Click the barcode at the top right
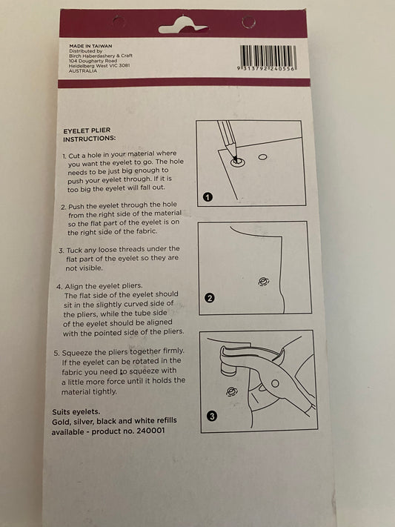[268, 58]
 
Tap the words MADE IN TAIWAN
[90, 46]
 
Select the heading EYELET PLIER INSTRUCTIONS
[89, 134]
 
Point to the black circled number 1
[208, 196]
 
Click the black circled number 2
[210, 298]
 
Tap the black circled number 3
[211, 416]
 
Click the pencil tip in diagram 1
[236, 159]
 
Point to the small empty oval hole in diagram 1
[262, 156]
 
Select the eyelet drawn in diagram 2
[263, 282]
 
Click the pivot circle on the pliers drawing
[275, 383]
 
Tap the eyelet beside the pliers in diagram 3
[231, 391]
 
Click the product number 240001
[150, 431]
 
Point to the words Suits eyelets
[76, 412]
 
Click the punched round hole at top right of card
[248, 22]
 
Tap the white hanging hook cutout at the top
[183, 25]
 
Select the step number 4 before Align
[59, 287]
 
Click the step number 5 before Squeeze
[56, 354]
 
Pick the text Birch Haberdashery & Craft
[101, 56]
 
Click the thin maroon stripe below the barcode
[184, 83]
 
